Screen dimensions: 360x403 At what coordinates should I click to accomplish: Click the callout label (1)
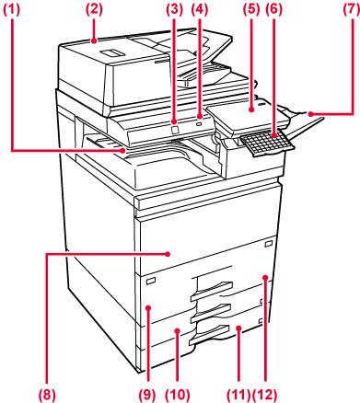(12, 10)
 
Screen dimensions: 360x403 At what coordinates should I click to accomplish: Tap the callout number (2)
(94, 10)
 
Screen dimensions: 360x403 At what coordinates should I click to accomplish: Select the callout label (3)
(174, 10)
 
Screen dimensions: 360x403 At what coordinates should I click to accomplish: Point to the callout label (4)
(200, 10)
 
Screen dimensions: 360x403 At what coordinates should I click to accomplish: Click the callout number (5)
(251, 10)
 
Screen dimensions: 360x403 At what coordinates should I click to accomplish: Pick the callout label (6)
(274, 10)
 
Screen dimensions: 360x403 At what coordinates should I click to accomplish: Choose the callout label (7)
(351, 10)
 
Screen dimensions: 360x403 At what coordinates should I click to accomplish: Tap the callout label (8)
(47, 394)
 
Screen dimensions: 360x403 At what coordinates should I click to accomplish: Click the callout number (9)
(148, 394)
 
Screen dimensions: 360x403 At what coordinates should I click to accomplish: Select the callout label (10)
(178, 394)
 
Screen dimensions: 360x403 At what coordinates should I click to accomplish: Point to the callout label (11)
(239, 394)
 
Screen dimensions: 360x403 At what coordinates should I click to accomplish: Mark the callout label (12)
(265, 394)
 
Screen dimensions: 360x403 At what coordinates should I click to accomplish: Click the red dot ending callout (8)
(168, 254)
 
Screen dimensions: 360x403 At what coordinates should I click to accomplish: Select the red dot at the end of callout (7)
(310, 114)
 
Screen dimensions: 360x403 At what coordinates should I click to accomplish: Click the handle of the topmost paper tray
(212, 291)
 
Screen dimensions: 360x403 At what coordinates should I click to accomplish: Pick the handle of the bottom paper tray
(210, 335)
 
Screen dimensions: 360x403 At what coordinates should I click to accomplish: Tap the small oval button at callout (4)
(199, 123)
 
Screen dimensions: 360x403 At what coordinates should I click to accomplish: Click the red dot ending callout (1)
(123, 150)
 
